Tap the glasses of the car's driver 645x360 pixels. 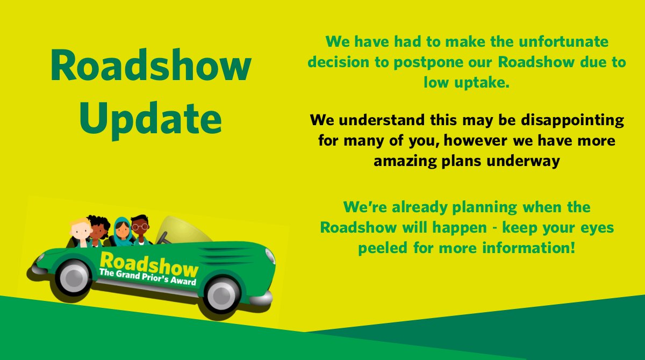point(140,227)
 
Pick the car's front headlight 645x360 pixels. point(269,256)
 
